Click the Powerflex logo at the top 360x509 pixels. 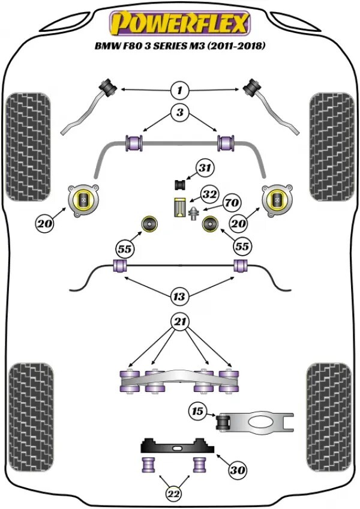click(x=179, y=24)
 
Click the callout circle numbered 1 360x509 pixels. click(x=179, y=91)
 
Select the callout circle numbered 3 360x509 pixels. click(x=179, y=112)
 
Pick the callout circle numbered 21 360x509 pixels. click(x=179, y=322)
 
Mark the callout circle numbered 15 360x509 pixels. click(x=197, y=412)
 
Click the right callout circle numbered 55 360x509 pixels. click(x=242, y=246)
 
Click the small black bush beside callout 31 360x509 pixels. click(x=178, y=182)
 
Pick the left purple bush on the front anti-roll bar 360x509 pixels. click(x=134, y=143)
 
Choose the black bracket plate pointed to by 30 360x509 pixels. click(x=177, y=447)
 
